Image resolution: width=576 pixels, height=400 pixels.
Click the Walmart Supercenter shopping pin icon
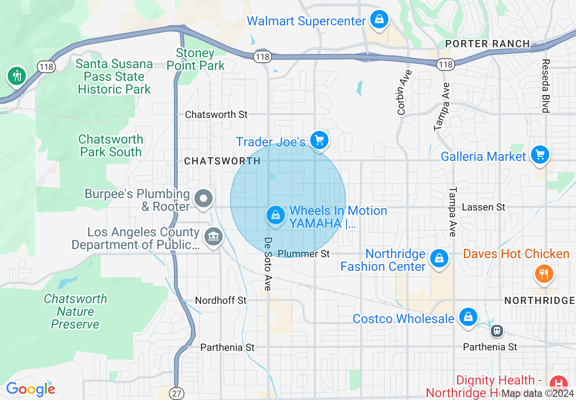point(378,20)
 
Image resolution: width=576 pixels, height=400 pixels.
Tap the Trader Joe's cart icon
point(319,140)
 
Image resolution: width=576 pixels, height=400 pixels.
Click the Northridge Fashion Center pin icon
point(439,259)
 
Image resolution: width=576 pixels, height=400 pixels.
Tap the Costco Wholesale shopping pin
point(467,317)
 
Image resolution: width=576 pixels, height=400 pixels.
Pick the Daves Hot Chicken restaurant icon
point(543,274)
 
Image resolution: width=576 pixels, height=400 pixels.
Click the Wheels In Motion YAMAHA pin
point(275,215)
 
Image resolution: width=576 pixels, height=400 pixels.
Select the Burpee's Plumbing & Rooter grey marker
point(203,199)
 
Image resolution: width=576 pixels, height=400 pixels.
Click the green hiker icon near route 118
point(17,75)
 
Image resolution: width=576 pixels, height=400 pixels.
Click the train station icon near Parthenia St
point(497,331)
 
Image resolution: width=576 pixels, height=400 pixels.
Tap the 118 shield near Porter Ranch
point(446,65)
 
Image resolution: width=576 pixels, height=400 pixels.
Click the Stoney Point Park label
point(195,60)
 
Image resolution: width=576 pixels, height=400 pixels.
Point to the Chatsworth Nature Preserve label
point(75,311)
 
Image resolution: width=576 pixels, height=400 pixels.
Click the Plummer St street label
point(303,254)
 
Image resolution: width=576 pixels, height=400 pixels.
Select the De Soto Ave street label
point(268,264)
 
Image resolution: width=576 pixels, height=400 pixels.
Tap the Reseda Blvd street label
point(546,85)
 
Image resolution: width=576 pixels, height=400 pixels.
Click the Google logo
point(30,389)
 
